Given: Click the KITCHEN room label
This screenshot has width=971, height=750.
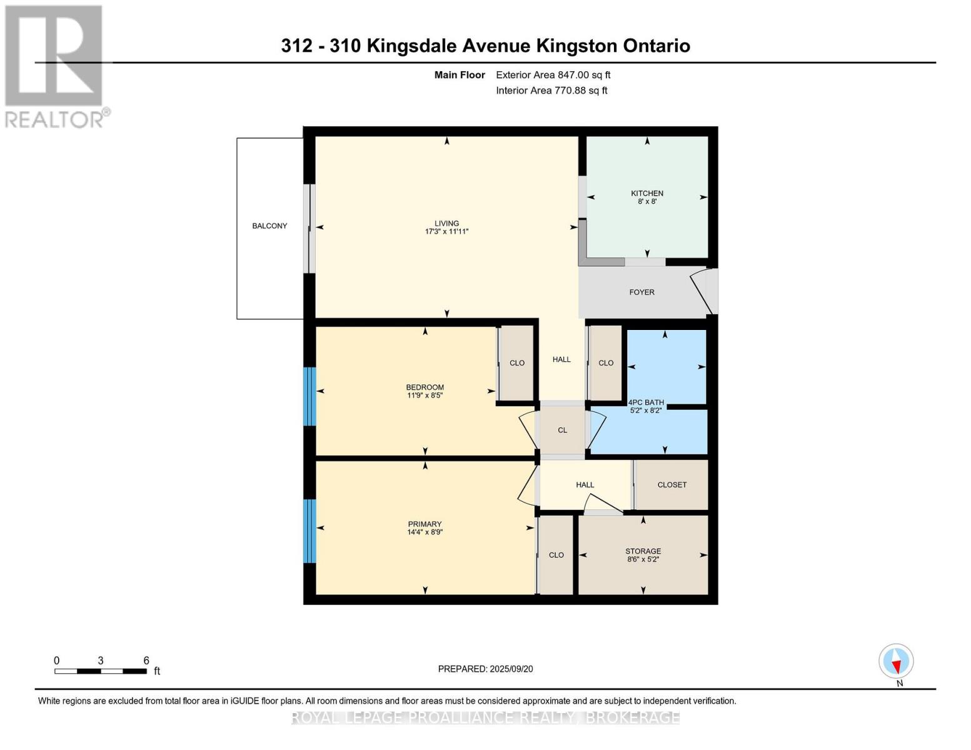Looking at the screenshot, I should [646, 193].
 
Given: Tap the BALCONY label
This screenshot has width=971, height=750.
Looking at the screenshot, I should [269, 226].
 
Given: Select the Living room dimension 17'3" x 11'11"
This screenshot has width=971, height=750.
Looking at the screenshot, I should [446, 232].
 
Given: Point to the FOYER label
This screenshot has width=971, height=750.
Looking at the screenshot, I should [641, 292].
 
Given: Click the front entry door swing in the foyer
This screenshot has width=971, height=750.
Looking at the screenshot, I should [702, 291].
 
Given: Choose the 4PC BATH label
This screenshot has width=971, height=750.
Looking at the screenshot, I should [646, 402].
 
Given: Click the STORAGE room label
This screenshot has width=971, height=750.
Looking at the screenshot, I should [643, 551].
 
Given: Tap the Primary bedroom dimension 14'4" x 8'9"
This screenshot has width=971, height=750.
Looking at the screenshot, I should [425, 532].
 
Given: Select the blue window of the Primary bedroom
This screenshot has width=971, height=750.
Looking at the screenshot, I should [309, 531].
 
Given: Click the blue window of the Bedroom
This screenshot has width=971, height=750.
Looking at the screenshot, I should [309, 396].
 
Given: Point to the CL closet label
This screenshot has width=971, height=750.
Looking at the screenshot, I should [562, 430].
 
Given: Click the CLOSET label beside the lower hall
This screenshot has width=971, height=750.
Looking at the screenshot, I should [672, 484].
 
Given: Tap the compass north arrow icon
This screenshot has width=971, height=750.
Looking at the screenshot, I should [896, 661].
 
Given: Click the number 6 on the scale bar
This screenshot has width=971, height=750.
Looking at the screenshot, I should [146, 661].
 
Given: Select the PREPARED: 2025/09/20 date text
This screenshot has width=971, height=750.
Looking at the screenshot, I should [485, 669].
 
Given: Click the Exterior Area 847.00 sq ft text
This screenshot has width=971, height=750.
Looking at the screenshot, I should [553, 75].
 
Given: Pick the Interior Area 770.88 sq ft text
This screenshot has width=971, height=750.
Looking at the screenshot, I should [551, 91].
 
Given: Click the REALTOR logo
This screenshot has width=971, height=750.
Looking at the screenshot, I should [55, 66].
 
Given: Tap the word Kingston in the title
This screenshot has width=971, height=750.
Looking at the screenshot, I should [576, 46].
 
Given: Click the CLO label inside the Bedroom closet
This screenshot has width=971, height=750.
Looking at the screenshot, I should [516, 362].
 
